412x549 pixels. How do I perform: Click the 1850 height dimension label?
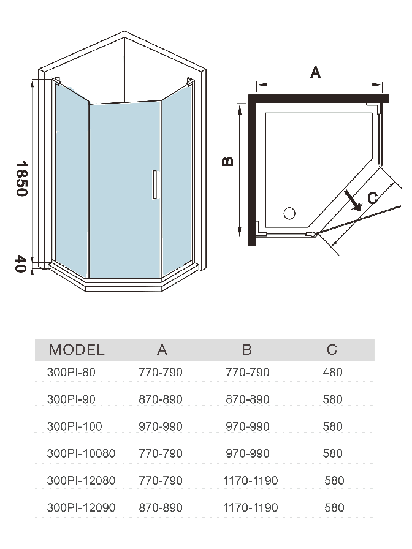(x=21, y=178)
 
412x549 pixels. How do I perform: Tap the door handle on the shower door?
(x=155, y=184)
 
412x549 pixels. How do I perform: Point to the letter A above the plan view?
(x=316, y=73)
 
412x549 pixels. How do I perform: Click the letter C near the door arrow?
(x=372, y=198)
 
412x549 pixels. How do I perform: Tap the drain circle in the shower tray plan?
(x=289, y=213)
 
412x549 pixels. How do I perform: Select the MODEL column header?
(x=77, y=350)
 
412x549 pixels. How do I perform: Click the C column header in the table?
(x=332, y=350)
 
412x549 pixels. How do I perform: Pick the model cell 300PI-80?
(x=71, y=372)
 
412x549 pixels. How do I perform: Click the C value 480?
(x=332, y=372)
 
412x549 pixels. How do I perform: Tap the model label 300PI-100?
(x=74, y=426)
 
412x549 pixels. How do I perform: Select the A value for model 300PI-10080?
(x=160, y=453)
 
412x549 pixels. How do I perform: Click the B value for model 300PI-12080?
(x=251, y=480)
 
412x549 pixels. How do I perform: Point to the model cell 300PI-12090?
(x=81, y=507)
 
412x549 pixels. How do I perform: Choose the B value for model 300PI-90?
(x=248, y=399)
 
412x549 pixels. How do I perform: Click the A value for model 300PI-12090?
(x=160, y=507)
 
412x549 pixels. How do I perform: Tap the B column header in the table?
(x=246, y=350)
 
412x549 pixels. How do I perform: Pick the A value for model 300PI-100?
(x=160, y=426)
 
